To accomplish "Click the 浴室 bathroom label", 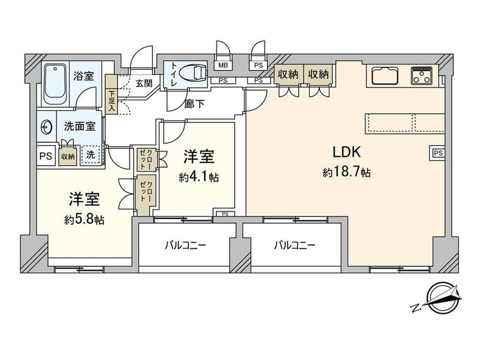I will tap(84, 76).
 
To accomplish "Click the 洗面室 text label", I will tap(79, 126).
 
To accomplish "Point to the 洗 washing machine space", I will tap(91, 154).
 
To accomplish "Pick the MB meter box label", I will tap(223, 65).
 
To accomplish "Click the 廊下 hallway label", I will tap(194, 103).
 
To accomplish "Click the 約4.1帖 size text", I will tap(198, 177).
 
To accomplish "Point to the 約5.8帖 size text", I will tap(84, 220).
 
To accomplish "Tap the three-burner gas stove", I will tap(423, 76).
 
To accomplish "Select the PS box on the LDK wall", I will tap(437, 153).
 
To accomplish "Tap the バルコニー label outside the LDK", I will tap(295, 245).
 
